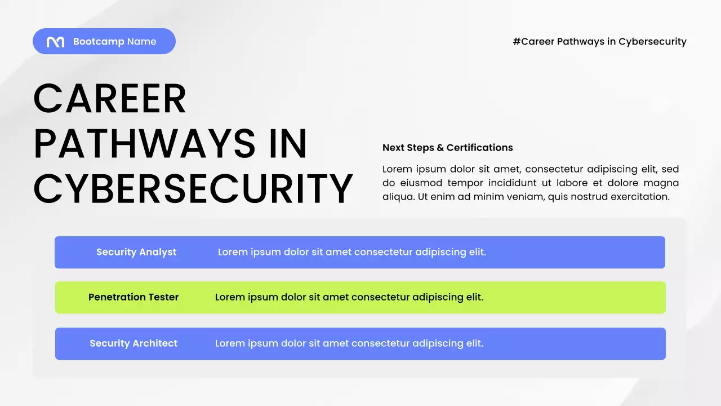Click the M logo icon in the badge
(55, 42)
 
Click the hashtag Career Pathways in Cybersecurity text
(599, 42)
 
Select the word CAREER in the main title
(110, 99)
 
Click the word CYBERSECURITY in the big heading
(193, 189)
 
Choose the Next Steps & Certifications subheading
(447, 148)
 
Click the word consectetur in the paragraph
(554, 169)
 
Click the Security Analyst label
(136, 252)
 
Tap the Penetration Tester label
(133, 297)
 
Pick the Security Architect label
(133, 343)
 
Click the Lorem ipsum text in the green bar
(349, 297)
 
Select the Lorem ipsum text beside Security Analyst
(352, 252)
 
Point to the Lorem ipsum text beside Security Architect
(349, 343)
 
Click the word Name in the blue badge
(141, 42)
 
